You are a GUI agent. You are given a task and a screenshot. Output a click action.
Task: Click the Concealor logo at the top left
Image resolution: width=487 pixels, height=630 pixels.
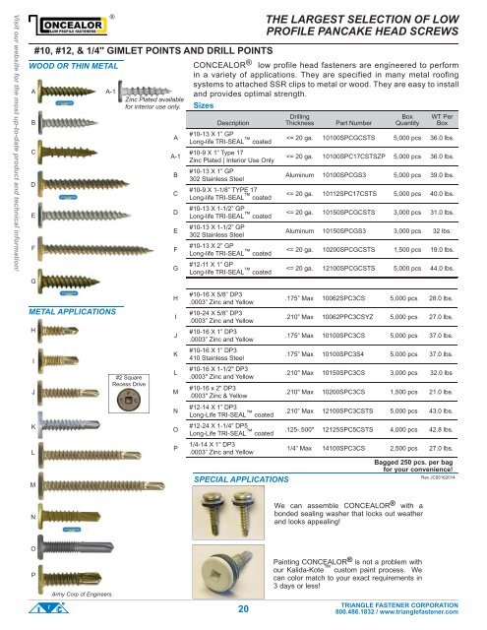(58, 23)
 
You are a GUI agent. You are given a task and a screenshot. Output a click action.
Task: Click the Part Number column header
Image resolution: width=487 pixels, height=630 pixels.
(340, 122)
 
